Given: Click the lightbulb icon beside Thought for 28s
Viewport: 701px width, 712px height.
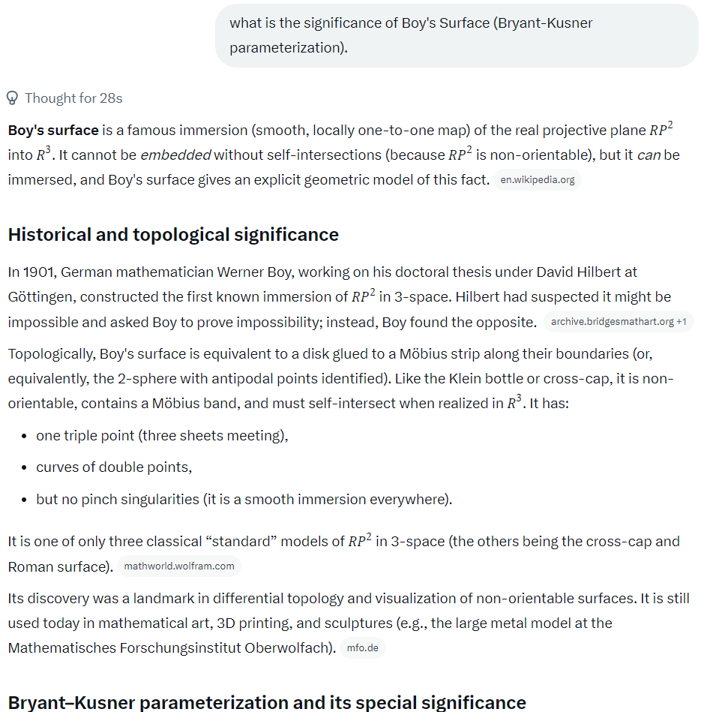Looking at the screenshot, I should (x=12, y=98).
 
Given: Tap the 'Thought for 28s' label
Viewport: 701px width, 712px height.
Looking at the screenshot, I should (x=73, y=98).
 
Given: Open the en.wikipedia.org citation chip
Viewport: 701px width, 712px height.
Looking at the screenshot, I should (x=538, y=180).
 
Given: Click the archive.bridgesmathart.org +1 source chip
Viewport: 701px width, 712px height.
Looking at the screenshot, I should (x=619, y=322).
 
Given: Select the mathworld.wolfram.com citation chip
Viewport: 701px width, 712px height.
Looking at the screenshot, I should (x=179, y=566).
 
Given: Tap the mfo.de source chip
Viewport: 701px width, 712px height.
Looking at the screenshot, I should (x=363, y=647).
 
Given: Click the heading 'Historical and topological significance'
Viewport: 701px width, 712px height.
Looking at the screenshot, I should (x=173, y=235).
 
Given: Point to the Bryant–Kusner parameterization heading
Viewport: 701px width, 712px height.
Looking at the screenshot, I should (x=267, y=702).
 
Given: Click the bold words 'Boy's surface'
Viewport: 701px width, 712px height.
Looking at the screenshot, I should (x=53, y=131).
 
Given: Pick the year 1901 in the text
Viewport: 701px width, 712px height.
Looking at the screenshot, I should (x=38, y=272).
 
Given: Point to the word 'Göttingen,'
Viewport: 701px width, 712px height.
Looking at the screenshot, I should (x=42, y=296).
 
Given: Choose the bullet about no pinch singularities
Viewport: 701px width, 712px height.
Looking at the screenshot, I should (x=244, y=499).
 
